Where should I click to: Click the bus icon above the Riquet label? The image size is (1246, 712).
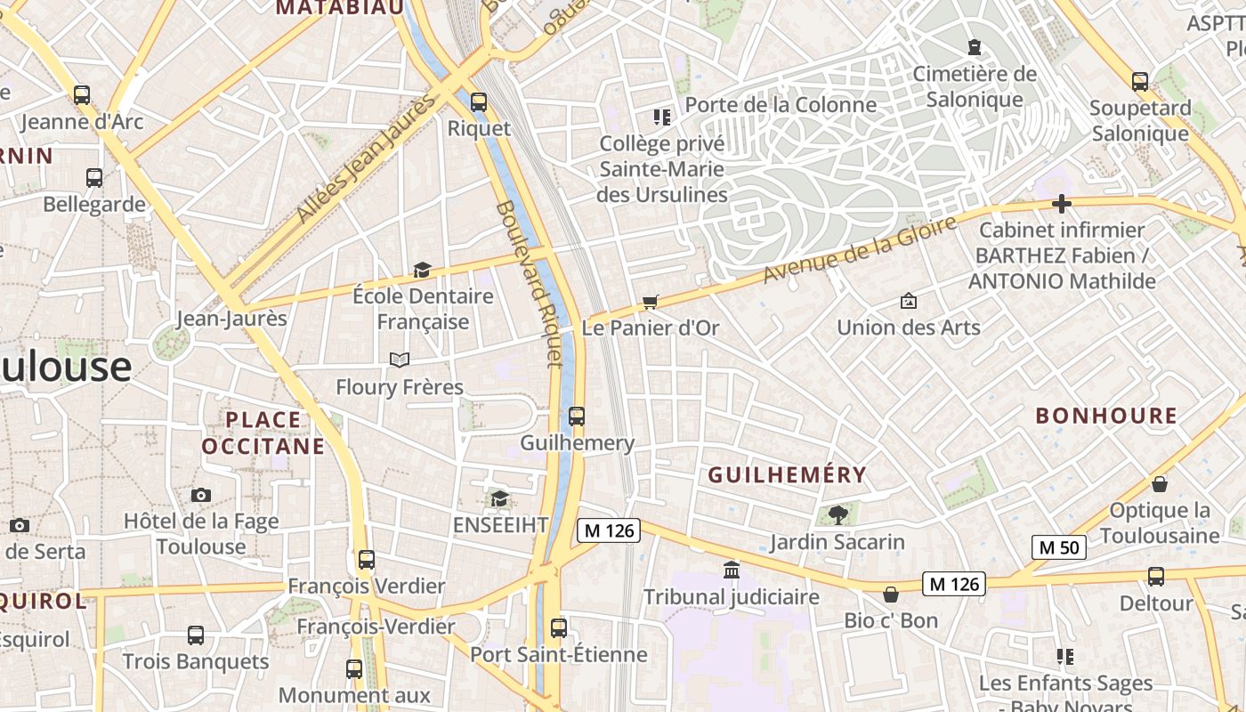479,102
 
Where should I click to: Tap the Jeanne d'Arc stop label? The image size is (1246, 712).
82,122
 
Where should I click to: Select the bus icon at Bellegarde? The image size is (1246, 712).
94,178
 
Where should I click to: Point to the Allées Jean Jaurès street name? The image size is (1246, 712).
367,158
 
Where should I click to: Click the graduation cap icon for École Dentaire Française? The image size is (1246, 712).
422,270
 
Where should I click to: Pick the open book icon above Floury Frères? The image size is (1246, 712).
400,360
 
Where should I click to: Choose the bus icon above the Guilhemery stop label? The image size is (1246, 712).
577,416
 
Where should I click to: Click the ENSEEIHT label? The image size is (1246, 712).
501,525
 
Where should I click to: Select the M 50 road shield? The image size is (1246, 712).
1059,547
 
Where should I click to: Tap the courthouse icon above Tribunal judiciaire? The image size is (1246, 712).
732,570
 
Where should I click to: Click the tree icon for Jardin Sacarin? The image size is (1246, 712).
837,514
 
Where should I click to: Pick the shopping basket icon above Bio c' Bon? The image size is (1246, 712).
891,594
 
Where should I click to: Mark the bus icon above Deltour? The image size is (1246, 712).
1156,577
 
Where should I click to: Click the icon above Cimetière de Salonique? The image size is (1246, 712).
975,46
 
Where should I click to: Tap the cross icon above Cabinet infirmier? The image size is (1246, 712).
1061,204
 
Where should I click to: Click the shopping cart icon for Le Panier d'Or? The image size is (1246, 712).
651,302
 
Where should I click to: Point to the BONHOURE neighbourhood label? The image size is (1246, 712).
1106,416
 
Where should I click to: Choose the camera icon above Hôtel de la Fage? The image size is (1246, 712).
201,495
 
